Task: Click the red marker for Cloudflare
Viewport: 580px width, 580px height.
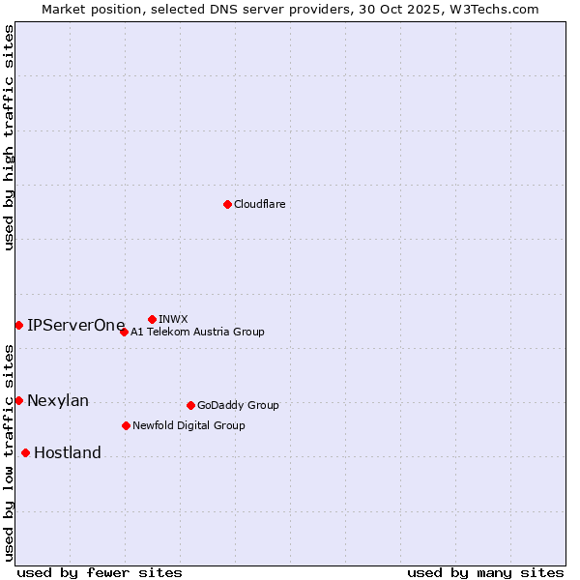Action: click(227, 204)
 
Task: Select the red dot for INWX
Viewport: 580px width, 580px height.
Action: click(152, 319)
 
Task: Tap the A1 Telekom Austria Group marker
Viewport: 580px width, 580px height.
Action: click(124, 332)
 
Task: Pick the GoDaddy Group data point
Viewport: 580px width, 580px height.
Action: click(190, 405)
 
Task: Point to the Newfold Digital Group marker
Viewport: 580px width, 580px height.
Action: click(126, 425)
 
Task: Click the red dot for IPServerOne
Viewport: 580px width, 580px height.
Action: click(18, 325)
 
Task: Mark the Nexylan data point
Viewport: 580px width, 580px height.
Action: click(18, 400)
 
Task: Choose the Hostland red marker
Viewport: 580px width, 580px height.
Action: click(25, 452)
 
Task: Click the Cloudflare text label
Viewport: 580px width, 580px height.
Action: click(259, 204)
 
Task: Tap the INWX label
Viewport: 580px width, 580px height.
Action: click(173, 319)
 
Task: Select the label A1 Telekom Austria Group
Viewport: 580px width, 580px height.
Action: click(197, 332)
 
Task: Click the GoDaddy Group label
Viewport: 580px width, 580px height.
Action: click(238, 405)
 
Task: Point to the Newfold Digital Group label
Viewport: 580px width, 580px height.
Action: click(188, 425)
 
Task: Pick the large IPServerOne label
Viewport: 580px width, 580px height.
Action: click(76, 325)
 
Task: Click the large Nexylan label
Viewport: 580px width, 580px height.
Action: click(58, 400)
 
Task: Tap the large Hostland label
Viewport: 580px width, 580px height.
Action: click(68, 452)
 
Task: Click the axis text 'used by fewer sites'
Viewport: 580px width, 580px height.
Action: click(100, 572)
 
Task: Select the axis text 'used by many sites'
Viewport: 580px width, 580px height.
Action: click(485, 572)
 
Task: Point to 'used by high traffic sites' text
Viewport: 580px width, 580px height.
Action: click(9, 137)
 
